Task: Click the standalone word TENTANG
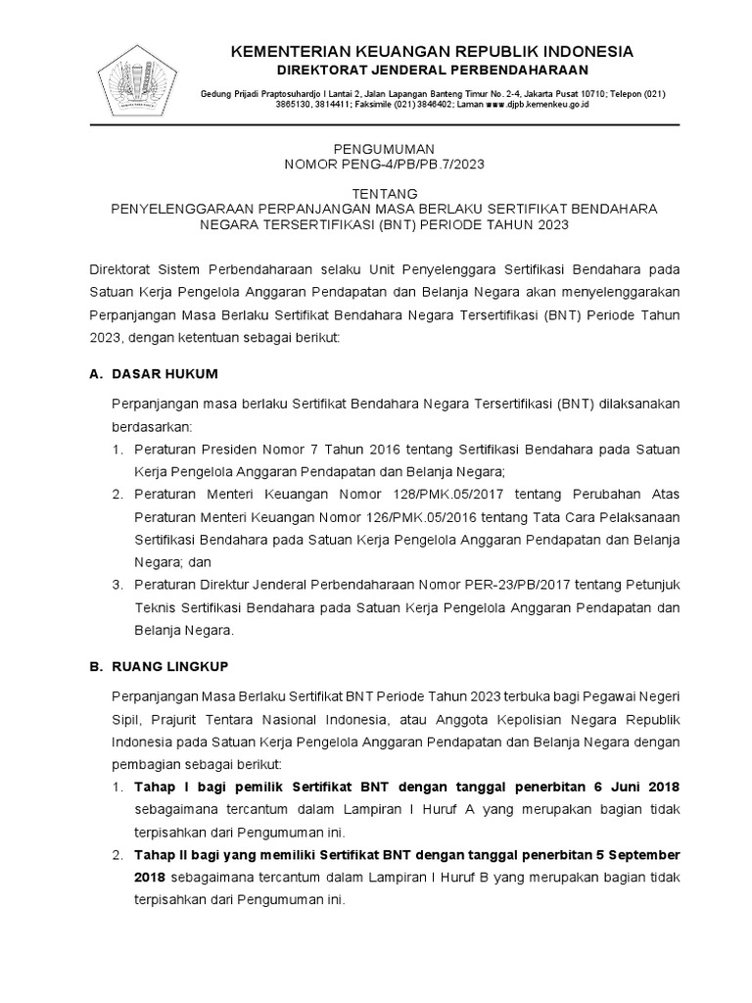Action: (x=384, y=193)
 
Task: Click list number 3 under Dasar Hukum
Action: (x=115, y=584)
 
